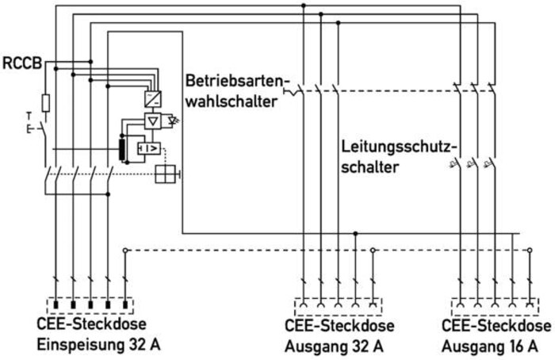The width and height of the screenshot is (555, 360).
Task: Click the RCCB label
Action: [x=22, y=63]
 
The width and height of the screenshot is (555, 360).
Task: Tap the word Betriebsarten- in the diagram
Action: [x=235, y=81]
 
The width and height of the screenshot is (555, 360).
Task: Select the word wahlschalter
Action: [x=232, y=102]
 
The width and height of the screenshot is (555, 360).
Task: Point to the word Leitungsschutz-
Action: [x=400, y=147]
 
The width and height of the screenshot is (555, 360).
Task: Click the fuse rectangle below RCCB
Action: [x=46, y=103]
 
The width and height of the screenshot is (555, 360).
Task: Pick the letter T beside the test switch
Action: [x=29, y=116]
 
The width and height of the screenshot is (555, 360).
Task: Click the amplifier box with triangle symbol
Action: [x=153, y=121]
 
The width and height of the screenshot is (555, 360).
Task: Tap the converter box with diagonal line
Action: [x=153, y=99]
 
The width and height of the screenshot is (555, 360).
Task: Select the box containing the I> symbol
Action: [x=149, y=148]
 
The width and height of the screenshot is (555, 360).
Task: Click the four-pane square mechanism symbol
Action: [x=165, y=174]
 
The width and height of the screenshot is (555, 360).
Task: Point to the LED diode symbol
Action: [x=174, y=121]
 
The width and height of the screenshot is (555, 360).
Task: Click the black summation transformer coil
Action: [x=122, y=150]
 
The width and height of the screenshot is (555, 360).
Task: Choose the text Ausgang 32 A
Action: [x=334, y=347]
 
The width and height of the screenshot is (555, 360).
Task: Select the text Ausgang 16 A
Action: [x=489, y=347]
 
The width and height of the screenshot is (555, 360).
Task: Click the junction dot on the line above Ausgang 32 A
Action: [x=355, y=234]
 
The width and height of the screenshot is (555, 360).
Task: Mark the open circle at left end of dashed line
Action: [x=124, y=251]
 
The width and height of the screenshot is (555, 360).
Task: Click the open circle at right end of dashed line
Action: [x=530, y=251]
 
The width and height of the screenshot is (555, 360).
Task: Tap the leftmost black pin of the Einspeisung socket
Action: [x=55, y=304]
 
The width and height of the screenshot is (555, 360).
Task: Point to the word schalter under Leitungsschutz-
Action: [x=370, y=167]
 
